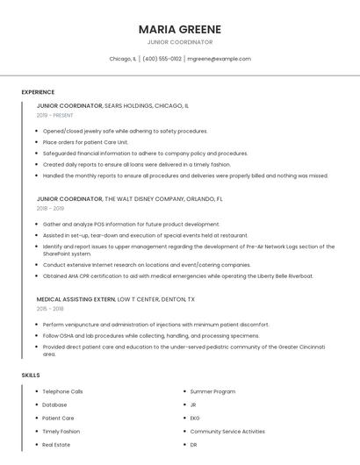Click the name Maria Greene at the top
(x=179, y=28)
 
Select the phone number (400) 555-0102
(x=162, y=59)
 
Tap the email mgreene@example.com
(x=219, y=59)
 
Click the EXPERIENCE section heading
(x=38, y=92)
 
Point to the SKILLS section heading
(x=30, y=376)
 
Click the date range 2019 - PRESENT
(x=54, y=115)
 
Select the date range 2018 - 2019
(x=50, y=209)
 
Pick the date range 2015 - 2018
(x=50, y=309)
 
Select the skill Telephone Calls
(x=62, y=391)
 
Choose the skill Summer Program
(x=212, y=391)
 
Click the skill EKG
(x=195, y=418)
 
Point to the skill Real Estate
(x=56, y=445)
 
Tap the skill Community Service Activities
(x=227, y=432)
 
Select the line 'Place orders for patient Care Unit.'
(x=85, y=141)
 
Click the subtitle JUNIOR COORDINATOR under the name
(x=179, y=41)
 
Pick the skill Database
(x=54, y=404)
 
